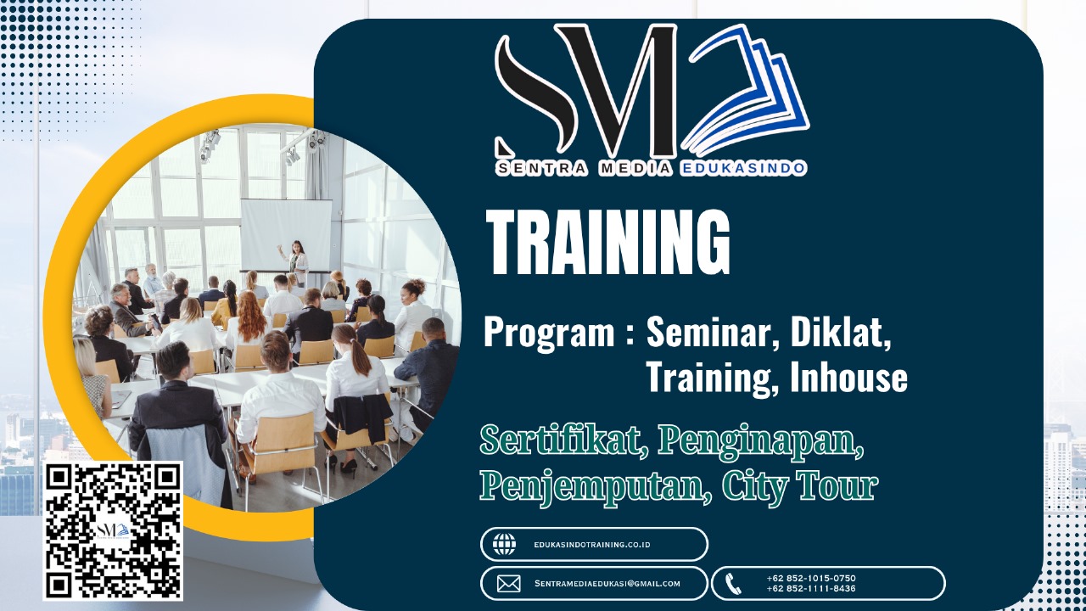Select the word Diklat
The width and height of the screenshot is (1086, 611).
click(841, 334)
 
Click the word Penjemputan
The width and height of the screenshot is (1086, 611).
click(594, 486)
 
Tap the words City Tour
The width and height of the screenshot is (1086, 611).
click(799, 486)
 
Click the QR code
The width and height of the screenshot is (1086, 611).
click(113, 530)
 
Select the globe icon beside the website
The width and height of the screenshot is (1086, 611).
click(505, 544)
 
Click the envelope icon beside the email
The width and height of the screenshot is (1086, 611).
click(508, 584)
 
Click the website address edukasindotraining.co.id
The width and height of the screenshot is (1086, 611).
click(592, 545)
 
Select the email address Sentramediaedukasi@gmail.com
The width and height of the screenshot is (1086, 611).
click(607, 584)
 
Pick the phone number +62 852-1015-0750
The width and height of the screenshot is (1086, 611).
click(810, 579)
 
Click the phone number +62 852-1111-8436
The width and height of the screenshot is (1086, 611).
click(810, 589)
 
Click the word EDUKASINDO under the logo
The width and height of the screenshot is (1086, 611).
click(743, 168)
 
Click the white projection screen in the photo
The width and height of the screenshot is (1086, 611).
click(286, 233)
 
